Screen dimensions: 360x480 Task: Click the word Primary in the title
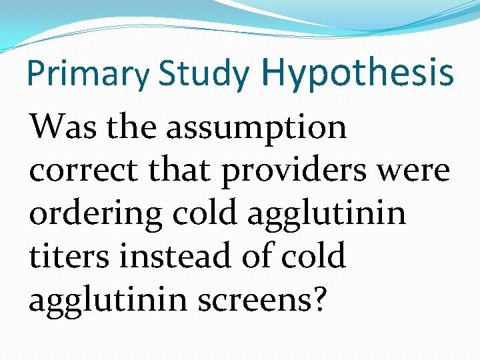88,75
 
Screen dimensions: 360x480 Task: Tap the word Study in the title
203,75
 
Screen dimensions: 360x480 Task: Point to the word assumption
257,128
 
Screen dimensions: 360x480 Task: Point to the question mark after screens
319,299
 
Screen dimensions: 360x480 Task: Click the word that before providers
177,171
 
